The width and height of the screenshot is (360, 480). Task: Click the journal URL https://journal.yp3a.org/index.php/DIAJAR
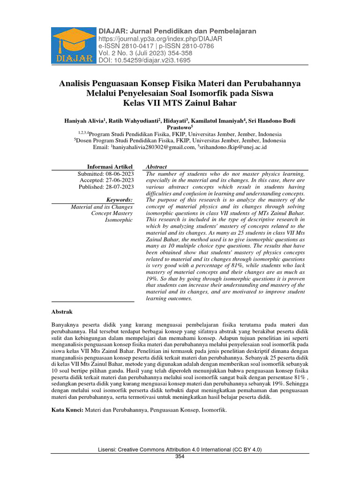[x=160, y=38]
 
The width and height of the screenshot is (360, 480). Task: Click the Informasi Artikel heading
[x=110, y=167]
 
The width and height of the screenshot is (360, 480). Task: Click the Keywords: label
[x=120, y=200]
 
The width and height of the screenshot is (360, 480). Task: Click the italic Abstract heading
[x=157, y=167]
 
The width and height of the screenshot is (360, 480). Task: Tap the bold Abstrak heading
[x=61, y=312]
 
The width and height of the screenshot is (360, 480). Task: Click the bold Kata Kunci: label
[x=67, y=410]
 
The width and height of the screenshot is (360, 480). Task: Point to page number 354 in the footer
[x=180, y=456]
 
